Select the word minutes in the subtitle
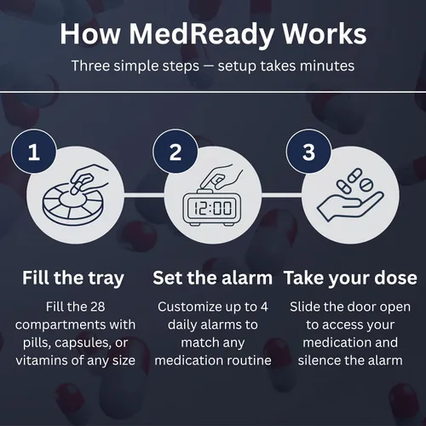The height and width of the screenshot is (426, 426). [x=327, y=66]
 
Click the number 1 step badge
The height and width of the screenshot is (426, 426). [x=34, y=152]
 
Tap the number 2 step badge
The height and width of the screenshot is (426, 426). [x=176, y=152]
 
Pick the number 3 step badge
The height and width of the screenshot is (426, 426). [x=308, y=152]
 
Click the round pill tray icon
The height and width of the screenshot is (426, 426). [x=73, y=202]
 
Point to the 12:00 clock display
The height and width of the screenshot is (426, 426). [x=212, y=208]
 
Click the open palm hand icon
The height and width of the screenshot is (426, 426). [x=350, y=205]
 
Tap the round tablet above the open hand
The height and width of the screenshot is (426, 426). [x=366, y=185]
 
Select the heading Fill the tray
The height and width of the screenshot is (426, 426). [x=73, y=278]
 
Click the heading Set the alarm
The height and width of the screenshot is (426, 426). [x=212, y=278]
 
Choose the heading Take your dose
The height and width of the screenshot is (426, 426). [x=350, y=278]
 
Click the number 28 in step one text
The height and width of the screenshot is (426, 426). [x=98, y=307]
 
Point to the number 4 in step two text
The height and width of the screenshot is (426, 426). [x=264, y=307]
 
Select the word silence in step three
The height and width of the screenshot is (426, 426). [x=317, y=360]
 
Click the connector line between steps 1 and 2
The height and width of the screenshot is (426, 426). [x=144, y=195]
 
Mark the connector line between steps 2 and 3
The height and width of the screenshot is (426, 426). [x=281, y=195]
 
